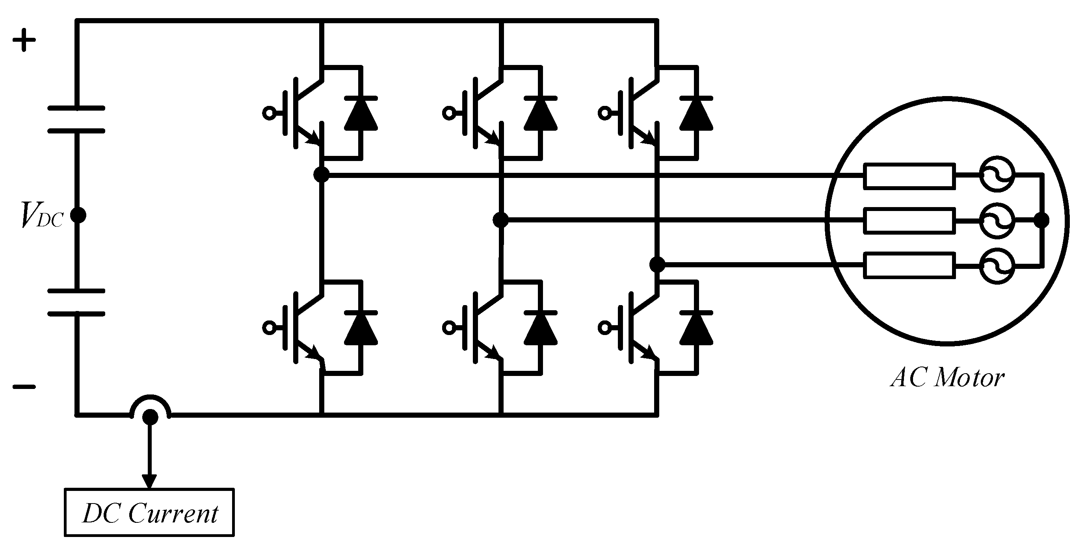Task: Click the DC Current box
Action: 149,513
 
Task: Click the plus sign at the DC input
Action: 24,40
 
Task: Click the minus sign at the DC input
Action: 24,386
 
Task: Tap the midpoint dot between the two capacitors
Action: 78,215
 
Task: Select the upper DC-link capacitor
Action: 76,120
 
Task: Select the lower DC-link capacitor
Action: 76,302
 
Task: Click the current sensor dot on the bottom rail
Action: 150,417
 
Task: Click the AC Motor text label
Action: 947,378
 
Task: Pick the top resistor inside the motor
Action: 909,176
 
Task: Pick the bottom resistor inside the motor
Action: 909,265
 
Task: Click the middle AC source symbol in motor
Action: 997,220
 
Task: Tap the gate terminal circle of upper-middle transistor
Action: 448,113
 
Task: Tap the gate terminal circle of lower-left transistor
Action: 268,328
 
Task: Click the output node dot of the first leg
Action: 322,174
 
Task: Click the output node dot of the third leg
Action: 657,265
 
